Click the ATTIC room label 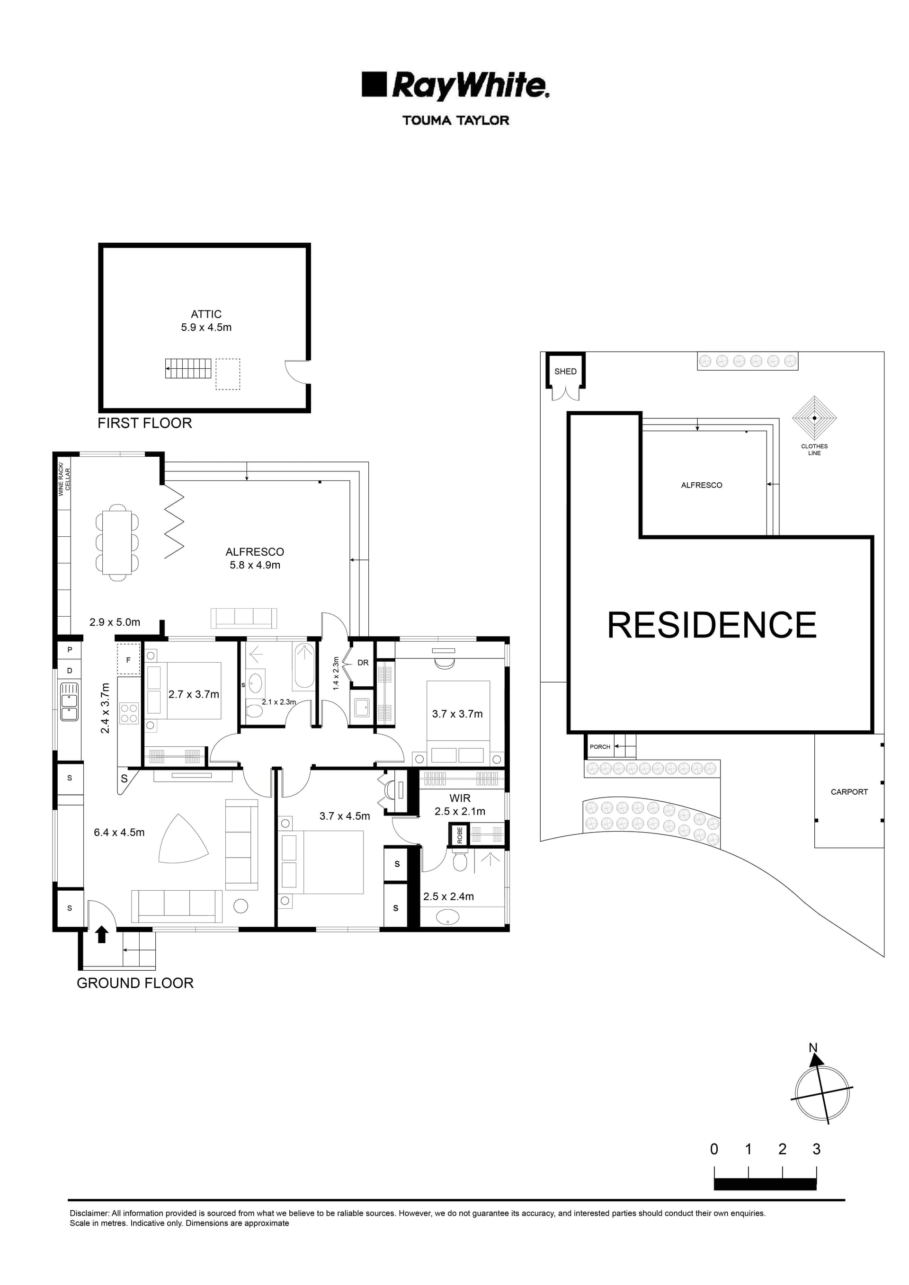[x=206, y=314]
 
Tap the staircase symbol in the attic [x=188, y=368]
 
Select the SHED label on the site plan [x=565, y=371]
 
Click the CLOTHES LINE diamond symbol [x=814, y=417]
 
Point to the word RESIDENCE [x=712, y=625]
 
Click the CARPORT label [x=848, y=792]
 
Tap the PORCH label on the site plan [x=599, y=746]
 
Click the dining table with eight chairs [x=117, y=542]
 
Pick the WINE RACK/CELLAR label [x=65, y=482]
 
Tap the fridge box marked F [x=128, y=660]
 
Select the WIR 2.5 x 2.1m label [x=460, y=805]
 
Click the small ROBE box [x=460, y=835]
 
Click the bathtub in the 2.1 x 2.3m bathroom [x=304, y=666]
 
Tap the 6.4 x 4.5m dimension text [x=119, y=832]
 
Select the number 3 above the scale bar [x=816, y=1149]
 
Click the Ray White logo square [x=374, y=84]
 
